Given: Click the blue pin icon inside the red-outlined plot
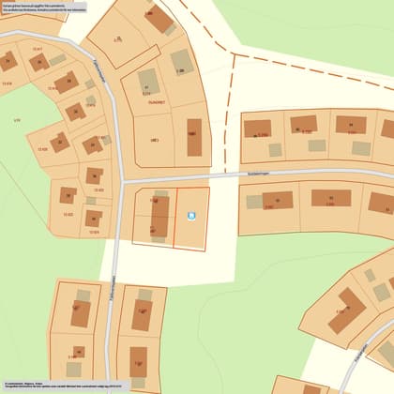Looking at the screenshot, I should point(191,218).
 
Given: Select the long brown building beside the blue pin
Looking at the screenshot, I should point(159,217).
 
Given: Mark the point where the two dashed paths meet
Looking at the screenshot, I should point(229,52).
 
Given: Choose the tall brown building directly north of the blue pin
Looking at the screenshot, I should point(194,137).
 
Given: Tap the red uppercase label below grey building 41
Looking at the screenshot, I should point(157,103).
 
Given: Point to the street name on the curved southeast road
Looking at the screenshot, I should point(362,361).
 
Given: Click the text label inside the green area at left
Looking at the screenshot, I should point(17,121).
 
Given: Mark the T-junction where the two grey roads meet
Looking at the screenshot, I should point(118,182).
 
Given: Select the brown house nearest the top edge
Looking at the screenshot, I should point(159,18).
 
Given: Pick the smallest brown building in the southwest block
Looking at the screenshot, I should point(79,353).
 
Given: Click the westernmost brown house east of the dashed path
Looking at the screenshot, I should point(257,129).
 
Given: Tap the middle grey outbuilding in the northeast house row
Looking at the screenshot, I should point(316,146).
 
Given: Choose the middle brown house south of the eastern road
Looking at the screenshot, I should point(330,199).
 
